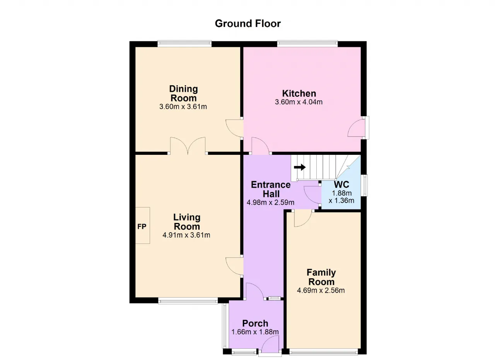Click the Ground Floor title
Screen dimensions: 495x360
(248, 24)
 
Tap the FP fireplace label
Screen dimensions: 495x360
(142, 226)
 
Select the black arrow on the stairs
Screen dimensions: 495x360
(300, 167)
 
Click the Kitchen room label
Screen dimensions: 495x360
(299, 94)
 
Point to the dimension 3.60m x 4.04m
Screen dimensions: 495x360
(299, 102)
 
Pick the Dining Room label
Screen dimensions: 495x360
(183, 93)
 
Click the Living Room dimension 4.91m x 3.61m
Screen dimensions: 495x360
(186, 235)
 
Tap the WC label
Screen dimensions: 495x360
(341, 184)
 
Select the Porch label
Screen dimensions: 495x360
(255, 324)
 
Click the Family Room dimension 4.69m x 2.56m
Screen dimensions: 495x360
(321, 290)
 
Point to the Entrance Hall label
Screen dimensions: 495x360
(271, 189)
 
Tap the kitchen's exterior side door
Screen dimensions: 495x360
(357, 128)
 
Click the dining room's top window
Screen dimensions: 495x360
(184, 44)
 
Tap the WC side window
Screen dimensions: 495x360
(364, 185)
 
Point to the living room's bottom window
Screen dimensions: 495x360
(188, 300)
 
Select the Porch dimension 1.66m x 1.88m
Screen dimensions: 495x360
(255, 332)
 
